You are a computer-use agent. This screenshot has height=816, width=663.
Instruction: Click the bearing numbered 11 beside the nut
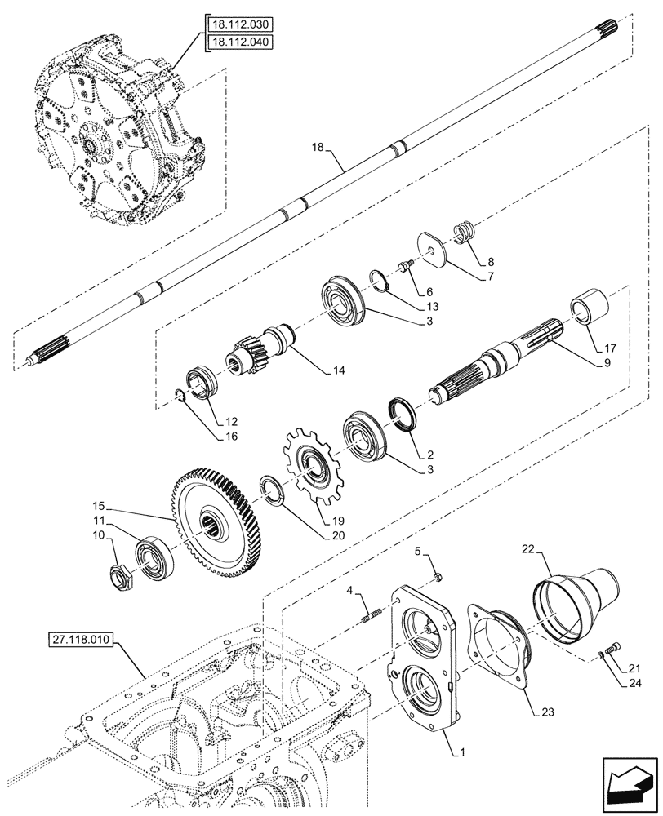[x=151, y=557]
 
